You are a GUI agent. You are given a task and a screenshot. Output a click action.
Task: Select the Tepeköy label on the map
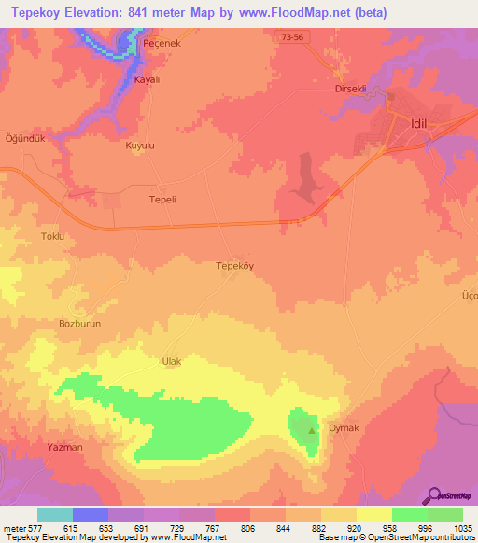(x=235, y=265)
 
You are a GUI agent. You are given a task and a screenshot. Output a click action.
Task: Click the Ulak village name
(x=171, y=361)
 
